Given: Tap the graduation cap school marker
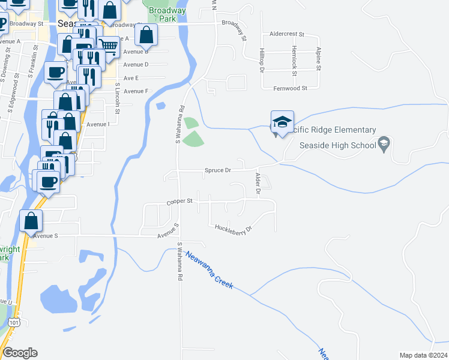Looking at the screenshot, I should pos(282,122).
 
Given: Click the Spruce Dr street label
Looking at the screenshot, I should pos(218,170).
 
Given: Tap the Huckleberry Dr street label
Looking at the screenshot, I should pos(232,229).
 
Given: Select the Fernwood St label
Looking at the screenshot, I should pos(291,88).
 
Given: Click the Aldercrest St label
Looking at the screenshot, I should pos(288,35).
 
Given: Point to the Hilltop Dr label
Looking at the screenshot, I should pos(262,61).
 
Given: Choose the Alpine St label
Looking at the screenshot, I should pos(319,59).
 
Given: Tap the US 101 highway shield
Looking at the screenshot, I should pos(14,323).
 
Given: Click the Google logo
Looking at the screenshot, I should pos(20,353).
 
